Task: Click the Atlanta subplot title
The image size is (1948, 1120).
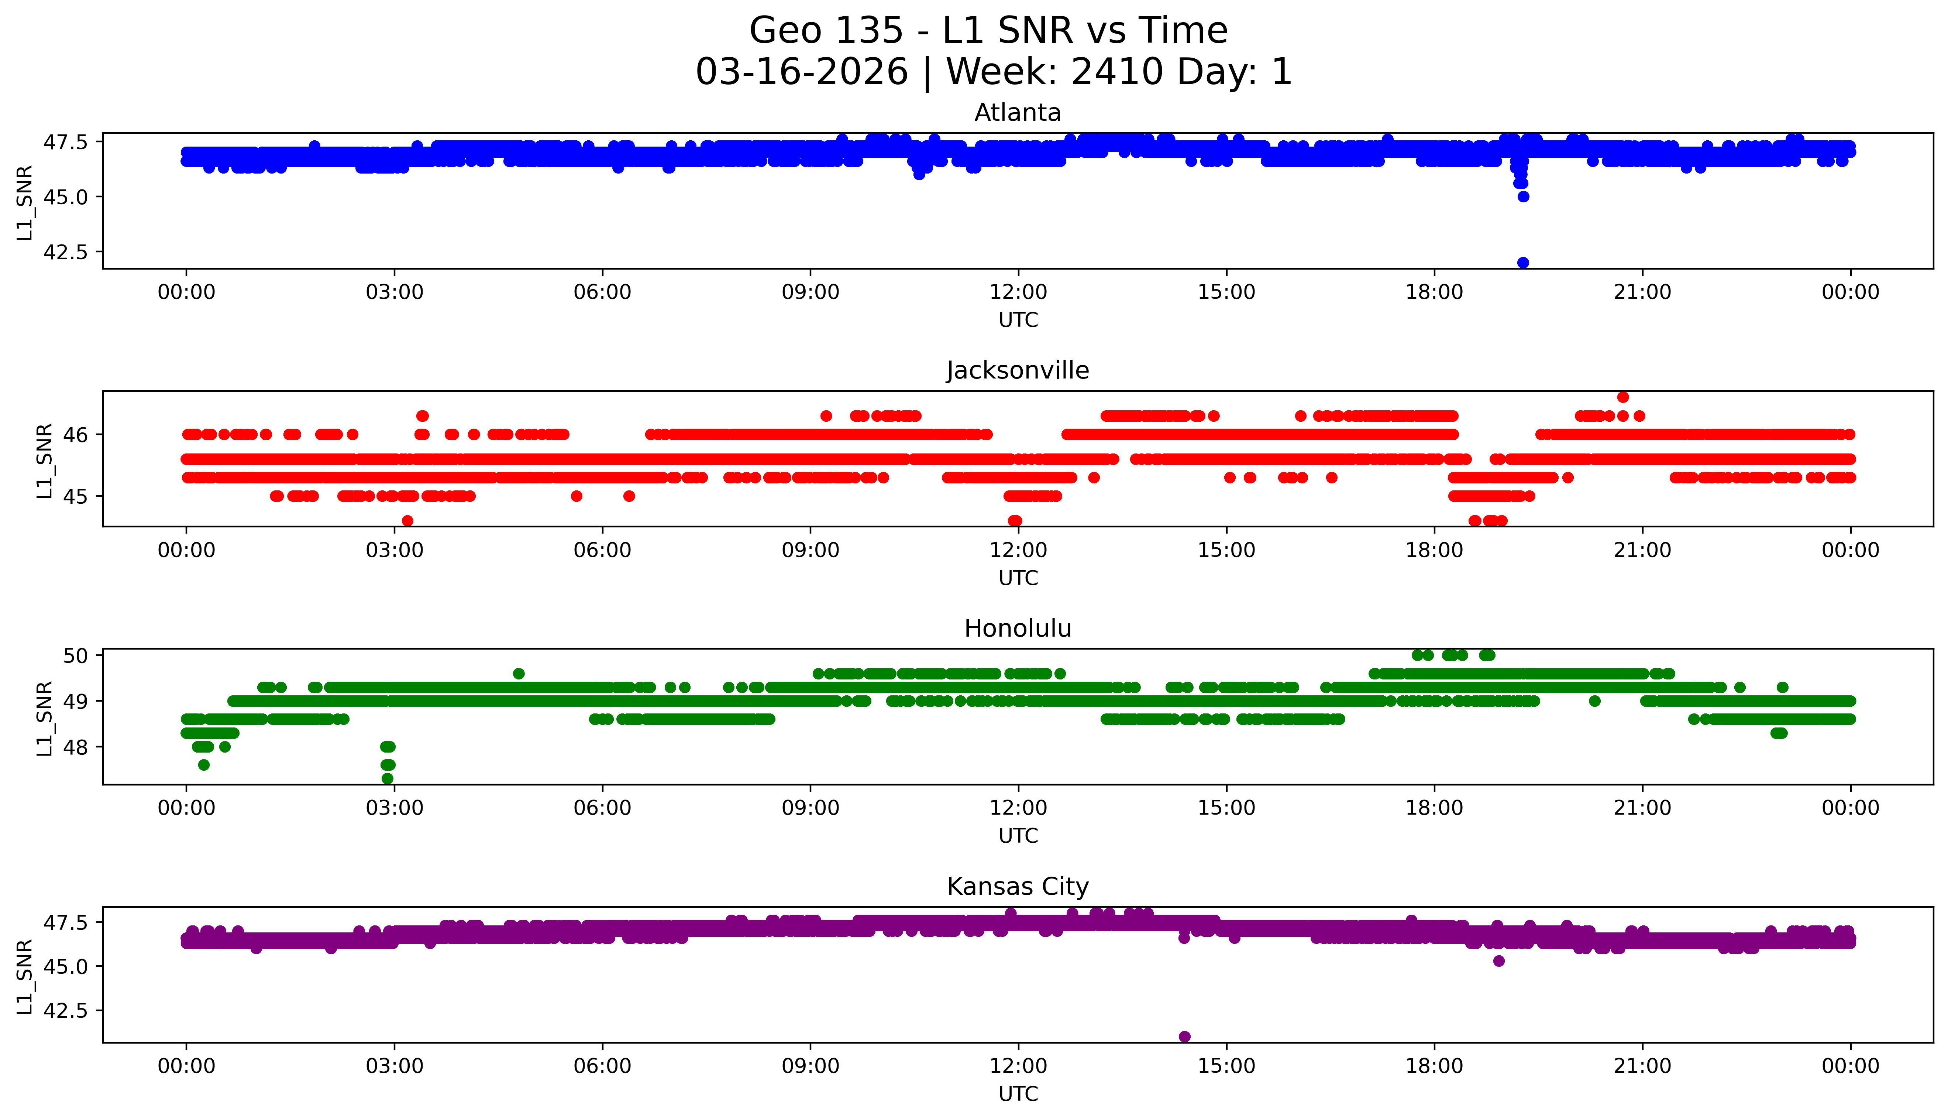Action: (x=1018, y=113)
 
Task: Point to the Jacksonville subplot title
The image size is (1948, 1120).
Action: (x=1018, y=371)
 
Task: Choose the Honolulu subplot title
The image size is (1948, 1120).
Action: (x=1018, y=628)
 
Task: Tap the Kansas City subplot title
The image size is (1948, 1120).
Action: (x=1018, y=887)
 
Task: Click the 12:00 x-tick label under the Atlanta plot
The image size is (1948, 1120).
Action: (x=1018, y=292)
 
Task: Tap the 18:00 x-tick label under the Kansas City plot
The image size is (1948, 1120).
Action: (x=1435, y=1066)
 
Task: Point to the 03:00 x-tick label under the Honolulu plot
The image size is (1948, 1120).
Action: (x=395, y=808)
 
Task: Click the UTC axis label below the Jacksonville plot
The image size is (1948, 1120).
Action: (x=1018, y=578)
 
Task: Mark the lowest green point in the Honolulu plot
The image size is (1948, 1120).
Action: (x=388, y=778)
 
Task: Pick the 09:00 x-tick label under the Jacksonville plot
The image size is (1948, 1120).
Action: (x=810, y=550)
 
